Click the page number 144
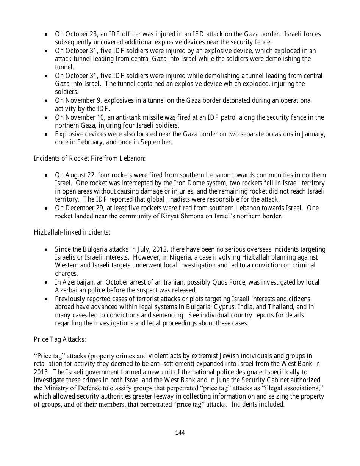pos(180,433)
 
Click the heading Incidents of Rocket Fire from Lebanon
pos(89,158)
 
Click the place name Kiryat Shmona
pos(175,216)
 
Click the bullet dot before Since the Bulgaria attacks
pos(46,250)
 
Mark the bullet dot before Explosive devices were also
pos(46,134)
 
